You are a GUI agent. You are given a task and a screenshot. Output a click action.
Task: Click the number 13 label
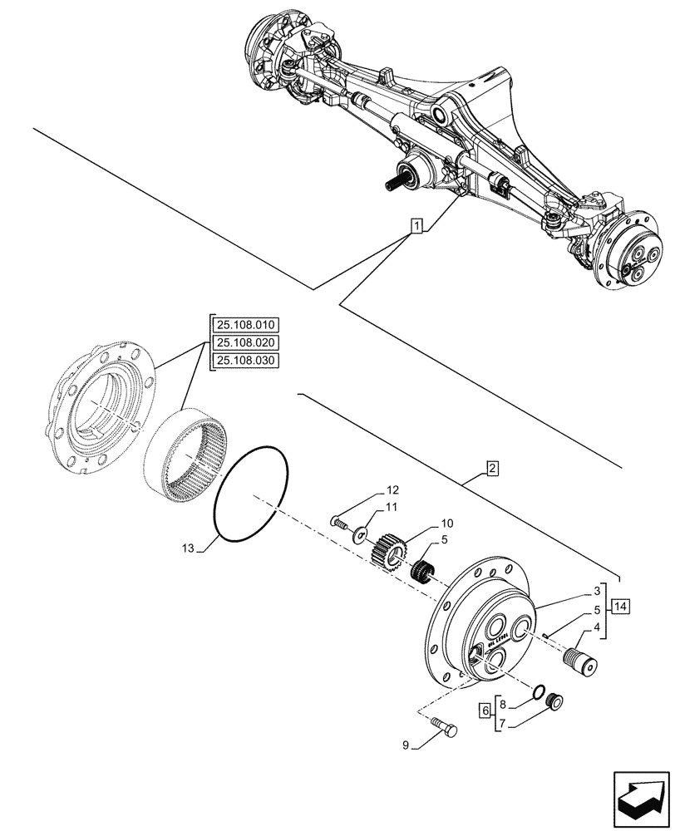coord(187,549)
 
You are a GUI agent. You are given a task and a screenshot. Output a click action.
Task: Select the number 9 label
coord(405,745)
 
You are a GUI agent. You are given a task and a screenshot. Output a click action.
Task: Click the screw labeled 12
coord(338,523)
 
